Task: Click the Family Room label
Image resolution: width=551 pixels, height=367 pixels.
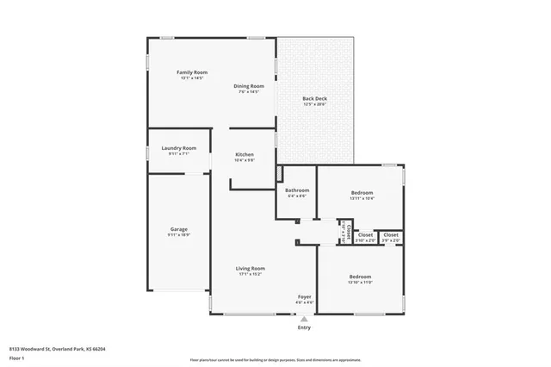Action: pos(192,72)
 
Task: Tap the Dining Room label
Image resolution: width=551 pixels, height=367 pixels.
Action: pos(249,86)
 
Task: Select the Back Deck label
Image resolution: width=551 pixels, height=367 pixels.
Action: pos(313,99)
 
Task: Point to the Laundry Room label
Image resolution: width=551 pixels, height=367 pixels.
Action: pos(178,148)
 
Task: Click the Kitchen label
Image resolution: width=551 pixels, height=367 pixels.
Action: pos(245,154)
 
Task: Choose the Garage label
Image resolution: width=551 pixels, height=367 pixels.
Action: pos(178,229)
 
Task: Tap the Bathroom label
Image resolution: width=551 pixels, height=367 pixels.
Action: pos(297,190)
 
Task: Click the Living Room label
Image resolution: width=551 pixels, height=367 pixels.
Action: pos(250,269)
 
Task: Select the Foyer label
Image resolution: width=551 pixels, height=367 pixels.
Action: pos(304,296)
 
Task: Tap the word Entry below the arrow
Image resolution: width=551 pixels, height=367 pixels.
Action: pos(304,327)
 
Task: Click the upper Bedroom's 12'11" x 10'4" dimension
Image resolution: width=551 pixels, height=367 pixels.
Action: pos(361,198)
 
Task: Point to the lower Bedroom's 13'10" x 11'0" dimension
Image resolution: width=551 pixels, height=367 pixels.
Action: pos(359,282)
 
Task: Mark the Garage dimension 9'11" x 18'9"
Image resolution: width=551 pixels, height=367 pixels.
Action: pos(178,234)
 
